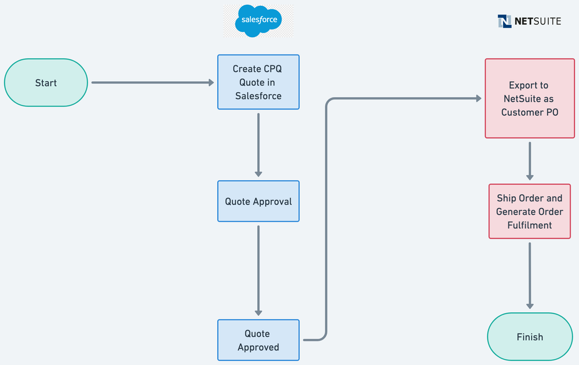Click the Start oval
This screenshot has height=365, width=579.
[46, 83]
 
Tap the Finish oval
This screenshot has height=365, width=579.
[530, 337]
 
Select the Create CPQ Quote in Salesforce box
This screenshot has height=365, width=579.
[258, 82]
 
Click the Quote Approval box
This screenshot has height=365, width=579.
[258, 202]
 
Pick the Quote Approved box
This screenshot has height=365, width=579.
[258, 341]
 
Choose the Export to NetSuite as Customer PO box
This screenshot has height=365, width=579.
[530, 98]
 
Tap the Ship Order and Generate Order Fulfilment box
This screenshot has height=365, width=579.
[530, 211]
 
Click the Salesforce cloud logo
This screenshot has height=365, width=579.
[259, 21]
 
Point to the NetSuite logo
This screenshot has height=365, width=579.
[529, 21]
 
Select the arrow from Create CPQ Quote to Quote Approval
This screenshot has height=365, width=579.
[258, 145]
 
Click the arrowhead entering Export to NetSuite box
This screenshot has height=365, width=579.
[478, 98]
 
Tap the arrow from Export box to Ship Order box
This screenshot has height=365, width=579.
[530, 160]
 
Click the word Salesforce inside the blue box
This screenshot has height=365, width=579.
[258, 96]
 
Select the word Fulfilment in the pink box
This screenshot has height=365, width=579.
[530, 225]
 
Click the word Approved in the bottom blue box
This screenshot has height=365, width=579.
[258, 348]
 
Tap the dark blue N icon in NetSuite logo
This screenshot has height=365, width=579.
[504, 21]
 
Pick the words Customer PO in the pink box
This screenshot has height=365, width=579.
[530, 112]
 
